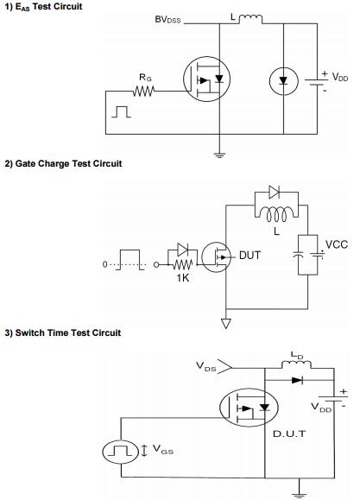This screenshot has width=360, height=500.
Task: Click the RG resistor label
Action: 145,78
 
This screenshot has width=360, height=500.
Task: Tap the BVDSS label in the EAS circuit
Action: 167,20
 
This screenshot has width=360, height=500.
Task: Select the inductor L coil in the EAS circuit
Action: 250,19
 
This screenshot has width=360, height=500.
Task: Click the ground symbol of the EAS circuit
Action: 219,155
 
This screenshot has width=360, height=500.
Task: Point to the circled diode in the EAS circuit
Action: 283,81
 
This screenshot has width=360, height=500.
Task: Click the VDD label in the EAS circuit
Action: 340,77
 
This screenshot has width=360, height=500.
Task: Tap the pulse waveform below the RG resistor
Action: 121,112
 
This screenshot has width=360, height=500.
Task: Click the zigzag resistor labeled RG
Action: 144,92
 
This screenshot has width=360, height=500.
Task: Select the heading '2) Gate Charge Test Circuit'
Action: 64,163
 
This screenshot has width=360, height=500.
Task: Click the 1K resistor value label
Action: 183,278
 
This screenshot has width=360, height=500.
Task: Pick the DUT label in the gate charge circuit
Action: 249,255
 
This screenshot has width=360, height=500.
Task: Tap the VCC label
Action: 337,244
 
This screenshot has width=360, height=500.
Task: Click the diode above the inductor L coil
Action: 275,193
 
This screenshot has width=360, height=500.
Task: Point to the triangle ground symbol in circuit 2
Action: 226,324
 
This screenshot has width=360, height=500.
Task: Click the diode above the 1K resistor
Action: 183,250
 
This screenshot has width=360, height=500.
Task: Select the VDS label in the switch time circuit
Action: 205,366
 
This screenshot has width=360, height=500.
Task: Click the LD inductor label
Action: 297,355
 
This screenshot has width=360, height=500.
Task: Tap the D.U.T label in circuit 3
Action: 289,434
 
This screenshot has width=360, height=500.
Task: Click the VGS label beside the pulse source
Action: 163,449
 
